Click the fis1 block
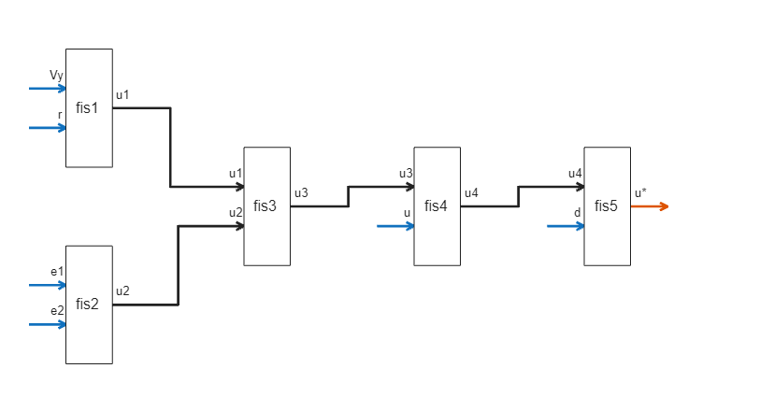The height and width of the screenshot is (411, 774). coord(88,107)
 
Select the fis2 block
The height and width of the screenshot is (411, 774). coord(88,305)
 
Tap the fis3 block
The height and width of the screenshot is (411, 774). coord(266,205)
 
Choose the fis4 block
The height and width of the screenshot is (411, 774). coord(437,205)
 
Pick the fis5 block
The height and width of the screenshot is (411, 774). coord(607,205)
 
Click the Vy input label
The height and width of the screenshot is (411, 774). coord(56,75)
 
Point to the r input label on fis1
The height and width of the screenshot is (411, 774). coord(60,115)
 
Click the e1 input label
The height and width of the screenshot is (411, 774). coord(57,272)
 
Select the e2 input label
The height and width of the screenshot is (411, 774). coord(57,311)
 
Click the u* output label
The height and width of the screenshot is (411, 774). coord(640,193)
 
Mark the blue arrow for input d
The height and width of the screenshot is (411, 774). coord(566,226)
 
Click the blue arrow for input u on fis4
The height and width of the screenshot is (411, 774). coord(395,226)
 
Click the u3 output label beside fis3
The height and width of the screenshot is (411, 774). coord(301,193)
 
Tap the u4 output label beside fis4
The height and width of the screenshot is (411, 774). coord(471,193)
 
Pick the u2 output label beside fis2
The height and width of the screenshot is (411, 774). coord(122,291)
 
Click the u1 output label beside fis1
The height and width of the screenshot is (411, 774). coord(122,94)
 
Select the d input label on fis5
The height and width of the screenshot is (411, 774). coord(577,213)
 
